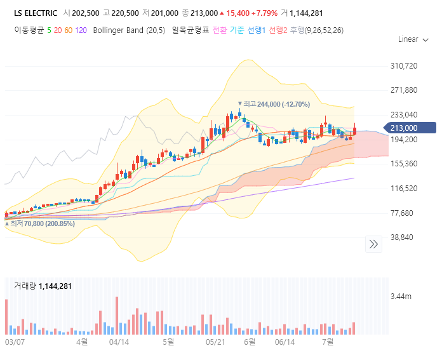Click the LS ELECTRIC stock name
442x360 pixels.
(36, 13)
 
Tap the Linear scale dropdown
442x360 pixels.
(412, 39)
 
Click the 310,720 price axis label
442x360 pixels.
(404, 65)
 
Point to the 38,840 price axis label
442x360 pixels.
(402, 237)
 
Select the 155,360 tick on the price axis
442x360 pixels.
(404, 163)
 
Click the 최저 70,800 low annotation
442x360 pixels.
(40, 223)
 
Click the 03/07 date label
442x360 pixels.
(15, 342)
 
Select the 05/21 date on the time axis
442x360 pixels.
(217, 342)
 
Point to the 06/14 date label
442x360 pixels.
(285, 342)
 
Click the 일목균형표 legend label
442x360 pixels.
(191, 30)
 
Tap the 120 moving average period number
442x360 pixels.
(81, 30)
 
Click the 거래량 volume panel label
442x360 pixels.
(25, 286)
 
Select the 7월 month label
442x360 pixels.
(328, 342)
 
